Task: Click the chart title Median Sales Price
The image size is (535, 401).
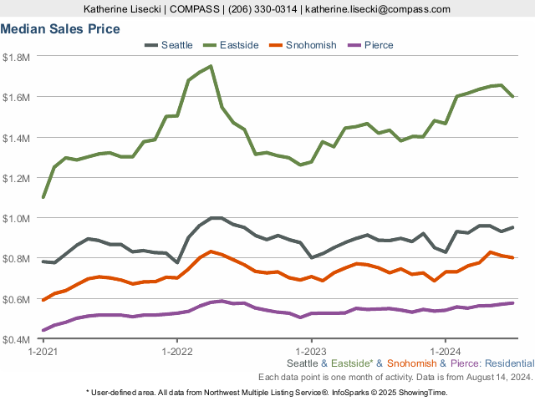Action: (59, 29)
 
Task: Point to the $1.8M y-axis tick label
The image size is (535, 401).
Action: (16, 57)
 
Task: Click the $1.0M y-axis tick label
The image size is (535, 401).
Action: (16, 218)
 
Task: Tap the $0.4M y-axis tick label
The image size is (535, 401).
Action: (16, 340)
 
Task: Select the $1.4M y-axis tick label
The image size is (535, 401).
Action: (16, 138)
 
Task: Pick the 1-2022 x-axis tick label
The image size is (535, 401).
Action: (177, 352)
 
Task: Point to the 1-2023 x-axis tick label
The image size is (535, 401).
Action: (311, 352)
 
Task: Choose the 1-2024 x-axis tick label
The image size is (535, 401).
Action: (445, 352)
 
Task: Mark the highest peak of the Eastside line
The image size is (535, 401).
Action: (211, 66)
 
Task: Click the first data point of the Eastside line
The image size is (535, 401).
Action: (43, 197)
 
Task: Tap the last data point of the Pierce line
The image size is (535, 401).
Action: (512, 302)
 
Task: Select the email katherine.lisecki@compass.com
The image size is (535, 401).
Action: (379, 9)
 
